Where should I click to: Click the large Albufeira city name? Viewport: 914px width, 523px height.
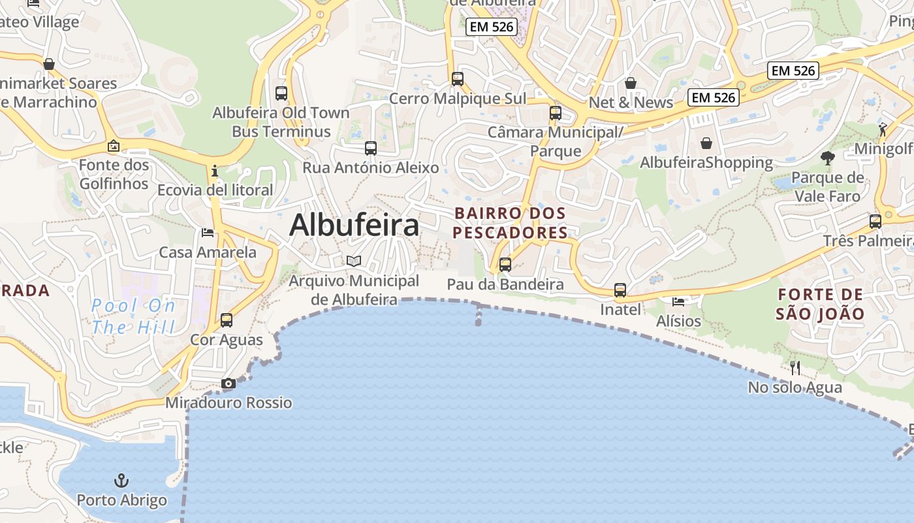(354, 226)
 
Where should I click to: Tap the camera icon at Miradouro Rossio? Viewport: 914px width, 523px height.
(228, 384)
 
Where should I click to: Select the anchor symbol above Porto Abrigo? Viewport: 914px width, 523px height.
(121, 481)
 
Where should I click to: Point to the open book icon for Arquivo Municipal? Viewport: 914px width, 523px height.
(354, 261)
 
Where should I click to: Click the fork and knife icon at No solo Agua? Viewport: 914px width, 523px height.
(795, 368)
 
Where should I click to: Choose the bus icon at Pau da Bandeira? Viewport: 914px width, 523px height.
(505, 265)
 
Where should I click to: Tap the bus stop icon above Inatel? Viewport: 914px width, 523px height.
(620, 290)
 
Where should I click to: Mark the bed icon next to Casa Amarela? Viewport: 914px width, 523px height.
(208, 233)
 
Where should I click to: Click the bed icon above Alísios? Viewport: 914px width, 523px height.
(679, 301)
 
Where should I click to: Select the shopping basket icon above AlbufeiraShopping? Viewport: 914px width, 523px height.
(706, 143)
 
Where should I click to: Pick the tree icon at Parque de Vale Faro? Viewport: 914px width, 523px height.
(828, 158)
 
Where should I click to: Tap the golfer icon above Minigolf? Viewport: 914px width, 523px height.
(883, 129)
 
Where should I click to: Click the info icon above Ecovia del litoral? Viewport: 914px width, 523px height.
(215, 171)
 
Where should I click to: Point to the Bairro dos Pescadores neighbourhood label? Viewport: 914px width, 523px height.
(510, 223)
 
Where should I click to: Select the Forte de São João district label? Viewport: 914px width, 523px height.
(820, 304)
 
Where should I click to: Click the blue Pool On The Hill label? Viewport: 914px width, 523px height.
(134, 316)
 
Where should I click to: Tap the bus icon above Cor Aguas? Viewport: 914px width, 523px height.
(227, 320)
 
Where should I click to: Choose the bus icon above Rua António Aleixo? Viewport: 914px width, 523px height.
(371, 148)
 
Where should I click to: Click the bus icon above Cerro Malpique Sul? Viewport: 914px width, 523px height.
(458, 79)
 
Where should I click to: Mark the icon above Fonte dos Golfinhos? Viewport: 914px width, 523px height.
(114, 146)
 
